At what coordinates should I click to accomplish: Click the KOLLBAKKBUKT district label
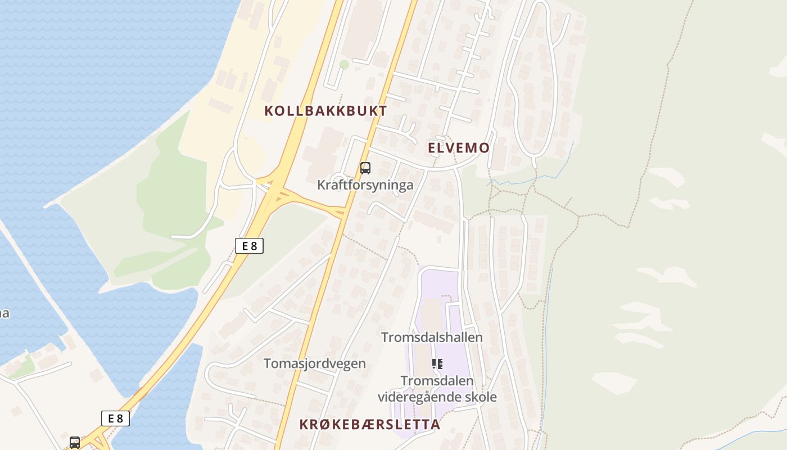[x=325, y=111]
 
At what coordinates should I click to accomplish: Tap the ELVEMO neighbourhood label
[x=459, y=148]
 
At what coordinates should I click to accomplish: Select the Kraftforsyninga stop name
[x=365, y=185]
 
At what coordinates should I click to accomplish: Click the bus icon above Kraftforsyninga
[x=365, y=168]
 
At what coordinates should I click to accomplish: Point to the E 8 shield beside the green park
[x=249, y=246]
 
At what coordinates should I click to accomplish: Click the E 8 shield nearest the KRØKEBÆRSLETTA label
[x=115, y=418]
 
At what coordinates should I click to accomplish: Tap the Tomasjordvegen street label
[x=315, y=363]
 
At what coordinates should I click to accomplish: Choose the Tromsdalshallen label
[x=432, y=337]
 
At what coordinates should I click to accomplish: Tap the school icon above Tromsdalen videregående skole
[x=437, y=364]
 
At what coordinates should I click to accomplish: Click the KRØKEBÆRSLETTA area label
[x=370, y=425]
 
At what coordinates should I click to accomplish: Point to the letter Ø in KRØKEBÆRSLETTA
[x=325, y=425]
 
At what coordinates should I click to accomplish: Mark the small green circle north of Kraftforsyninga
[x=344, y=65]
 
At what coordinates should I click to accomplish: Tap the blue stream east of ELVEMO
[x=528, y=179]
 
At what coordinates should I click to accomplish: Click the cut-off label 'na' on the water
[x=3, y=313]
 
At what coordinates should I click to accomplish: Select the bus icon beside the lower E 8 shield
[x=75, y=442]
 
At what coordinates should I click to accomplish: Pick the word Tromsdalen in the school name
[x=437, y=381]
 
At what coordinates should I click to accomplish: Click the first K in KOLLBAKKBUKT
[x=269, y=111]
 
